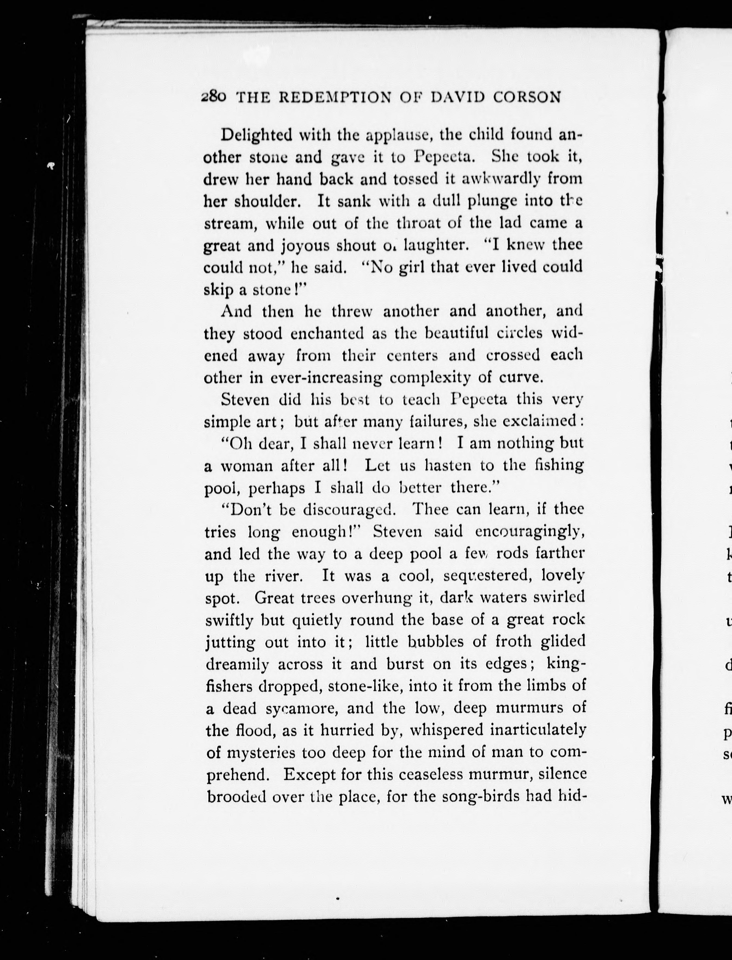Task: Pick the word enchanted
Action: coord(328,334)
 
